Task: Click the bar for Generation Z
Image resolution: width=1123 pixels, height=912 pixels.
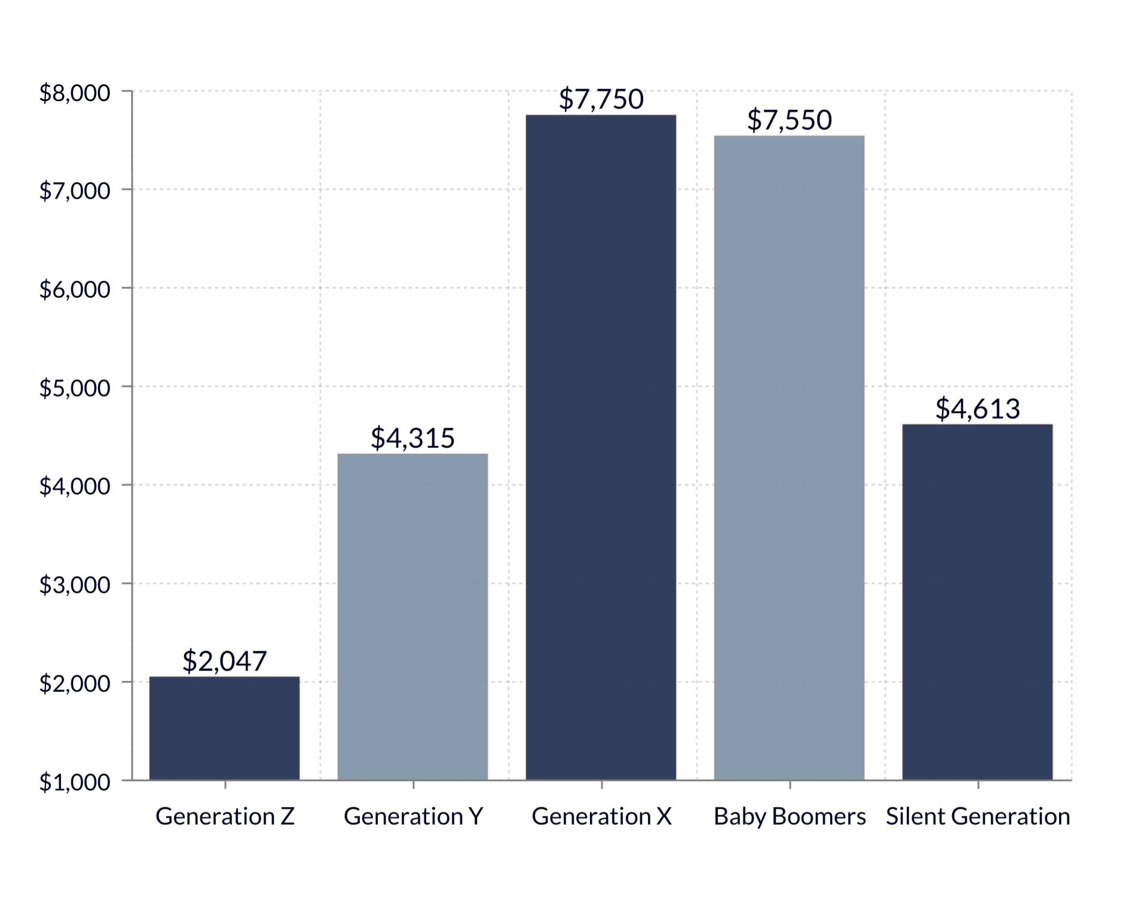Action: click(x=224, y=728)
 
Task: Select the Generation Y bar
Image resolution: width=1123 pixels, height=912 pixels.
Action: click(x=412, y=616)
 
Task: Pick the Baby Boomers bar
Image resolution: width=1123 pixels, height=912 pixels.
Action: click(x=789, y=457)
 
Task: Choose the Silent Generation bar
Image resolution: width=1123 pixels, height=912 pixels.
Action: click(x=977, y=601)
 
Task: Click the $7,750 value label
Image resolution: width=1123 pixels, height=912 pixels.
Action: click(x=601, y=99)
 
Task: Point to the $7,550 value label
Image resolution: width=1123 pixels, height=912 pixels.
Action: click(x=789, y=120)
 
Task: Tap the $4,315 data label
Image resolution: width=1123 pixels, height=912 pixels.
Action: click(x=412, y=438)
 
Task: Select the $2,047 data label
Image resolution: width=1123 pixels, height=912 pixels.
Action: click(x=224, y=661)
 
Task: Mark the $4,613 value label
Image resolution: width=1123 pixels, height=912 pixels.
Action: click(x=977, y=408)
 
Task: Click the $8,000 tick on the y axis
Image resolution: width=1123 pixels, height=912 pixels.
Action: click(x=75, y=93)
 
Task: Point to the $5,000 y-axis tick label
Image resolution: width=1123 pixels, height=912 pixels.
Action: click(x=75, y=388)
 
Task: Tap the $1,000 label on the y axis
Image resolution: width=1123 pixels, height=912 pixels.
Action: click(x=75, y=782)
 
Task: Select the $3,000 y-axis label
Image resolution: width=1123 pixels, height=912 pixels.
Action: click(x=75, y=584)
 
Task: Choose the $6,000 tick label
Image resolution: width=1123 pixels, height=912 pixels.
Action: click(x=75, y=289)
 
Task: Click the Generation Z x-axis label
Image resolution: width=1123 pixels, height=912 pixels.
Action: click(x=225, y=816)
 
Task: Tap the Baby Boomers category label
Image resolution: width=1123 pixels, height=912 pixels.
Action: click(x=789, y=816)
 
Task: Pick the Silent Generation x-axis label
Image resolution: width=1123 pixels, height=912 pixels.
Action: click(x=977, y=816)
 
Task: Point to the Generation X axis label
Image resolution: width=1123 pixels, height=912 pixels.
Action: click(x=601, y=816)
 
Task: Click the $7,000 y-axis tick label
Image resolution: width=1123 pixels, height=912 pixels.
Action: click(x=75, y=191)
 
